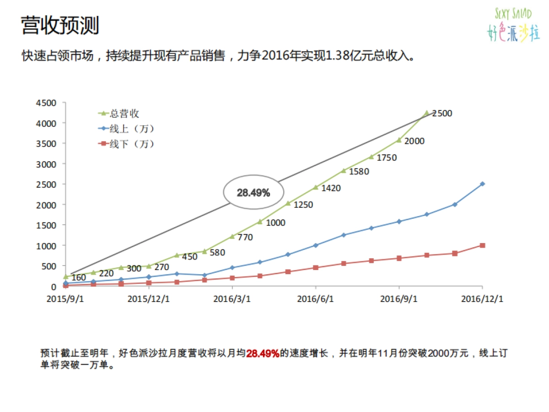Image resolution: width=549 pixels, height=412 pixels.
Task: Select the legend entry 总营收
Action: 124,113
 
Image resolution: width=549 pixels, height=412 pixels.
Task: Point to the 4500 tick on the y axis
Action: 47,103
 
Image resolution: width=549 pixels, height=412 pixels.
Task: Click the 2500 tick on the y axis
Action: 47,184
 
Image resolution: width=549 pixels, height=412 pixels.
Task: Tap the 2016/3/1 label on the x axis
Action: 232,299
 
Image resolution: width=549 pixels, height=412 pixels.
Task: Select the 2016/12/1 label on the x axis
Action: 482,299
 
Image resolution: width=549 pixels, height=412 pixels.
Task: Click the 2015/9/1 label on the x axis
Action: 66,299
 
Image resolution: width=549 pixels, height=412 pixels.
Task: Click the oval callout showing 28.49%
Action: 253,193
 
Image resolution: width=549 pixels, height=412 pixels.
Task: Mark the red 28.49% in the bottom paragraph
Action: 263,354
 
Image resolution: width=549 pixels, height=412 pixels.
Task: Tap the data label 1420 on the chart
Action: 330,188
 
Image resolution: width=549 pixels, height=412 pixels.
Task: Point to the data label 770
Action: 245,237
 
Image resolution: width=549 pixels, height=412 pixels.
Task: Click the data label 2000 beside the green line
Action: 414,141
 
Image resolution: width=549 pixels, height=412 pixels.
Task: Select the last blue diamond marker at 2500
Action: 482,184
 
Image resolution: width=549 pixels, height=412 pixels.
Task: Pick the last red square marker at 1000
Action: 482,245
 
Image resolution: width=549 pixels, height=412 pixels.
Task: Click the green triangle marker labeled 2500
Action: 426,113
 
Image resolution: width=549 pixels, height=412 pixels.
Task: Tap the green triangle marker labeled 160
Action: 66,277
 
